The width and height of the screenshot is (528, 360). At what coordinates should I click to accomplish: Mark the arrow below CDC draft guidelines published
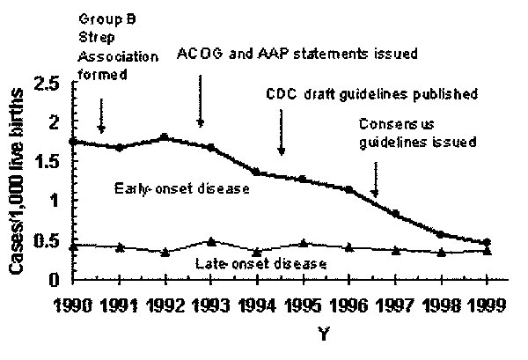[282, 136]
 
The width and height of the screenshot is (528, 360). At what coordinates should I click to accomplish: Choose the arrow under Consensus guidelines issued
[376, 178]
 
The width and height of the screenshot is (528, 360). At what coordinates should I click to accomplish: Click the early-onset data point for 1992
[163, 137]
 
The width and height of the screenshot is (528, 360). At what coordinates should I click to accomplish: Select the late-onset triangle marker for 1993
[210, 241]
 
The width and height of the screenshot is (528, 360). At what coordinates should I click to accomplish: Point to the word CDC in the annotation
[282, 93]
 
